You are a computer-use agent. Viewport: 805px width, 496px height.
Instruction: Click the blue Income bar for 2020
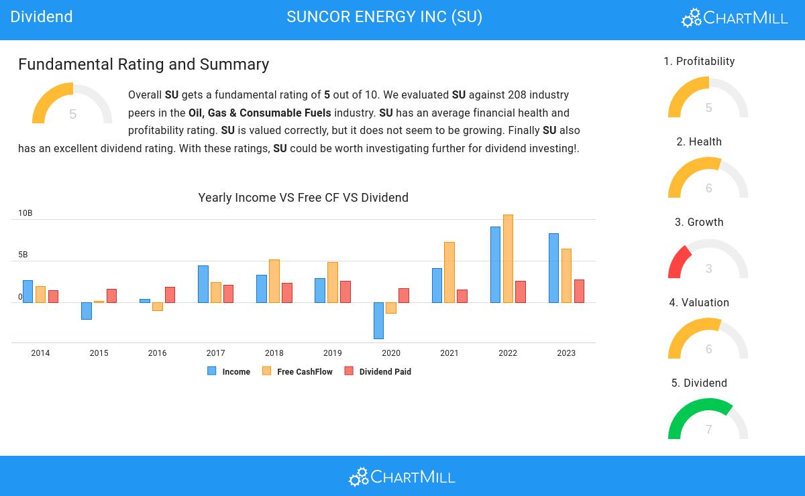(378, 320)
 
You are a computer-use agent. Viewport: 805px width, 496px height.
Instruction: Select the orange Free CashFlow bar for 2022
(508, 259)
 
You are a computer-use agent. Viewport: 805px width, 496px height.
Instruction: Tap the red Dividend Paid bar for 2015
(112, 296)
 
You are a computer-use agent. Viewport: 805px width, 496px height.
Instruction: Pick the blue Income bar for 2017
(203, 284)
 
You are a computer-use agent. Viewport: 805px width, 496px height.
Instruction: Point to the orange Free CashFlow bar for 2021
(449, 273)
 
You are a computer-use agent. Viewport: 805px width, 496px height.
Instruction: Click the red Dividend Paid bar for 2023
(579, 292)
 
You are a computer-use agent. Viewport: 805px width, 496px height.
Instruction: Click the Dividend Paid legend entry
(378, 371)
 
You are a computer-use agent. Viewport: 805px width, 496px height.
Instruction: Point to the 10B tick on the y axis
(25, 213)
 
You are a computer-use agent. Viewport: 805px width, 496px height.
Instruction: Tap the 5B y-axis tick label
(23, 255)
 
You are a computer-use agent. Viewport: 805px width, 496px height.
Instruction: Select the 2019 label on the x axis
(333, 353)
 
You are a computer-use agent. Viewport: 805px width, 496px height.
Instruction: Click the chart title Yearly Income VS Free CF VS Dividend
(303, 198)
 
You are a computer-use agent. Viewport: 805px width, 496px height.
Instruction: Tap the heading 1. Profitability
(699, 61)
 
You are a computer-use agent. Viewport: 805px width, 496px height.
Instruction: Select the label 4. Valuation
(699, 302)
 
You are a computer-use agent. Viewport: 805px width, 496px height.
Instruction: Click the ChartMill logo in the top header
(735, 17)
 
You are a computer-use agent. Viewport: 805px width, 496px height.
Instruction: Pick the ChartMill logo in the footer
(402, 477)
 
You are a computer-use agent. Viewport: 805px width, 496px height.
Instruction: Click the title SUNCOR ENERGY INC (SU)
(384, 17)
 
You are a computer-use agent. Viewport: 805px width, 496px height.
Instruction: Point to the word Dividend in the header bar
(42, 17)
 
